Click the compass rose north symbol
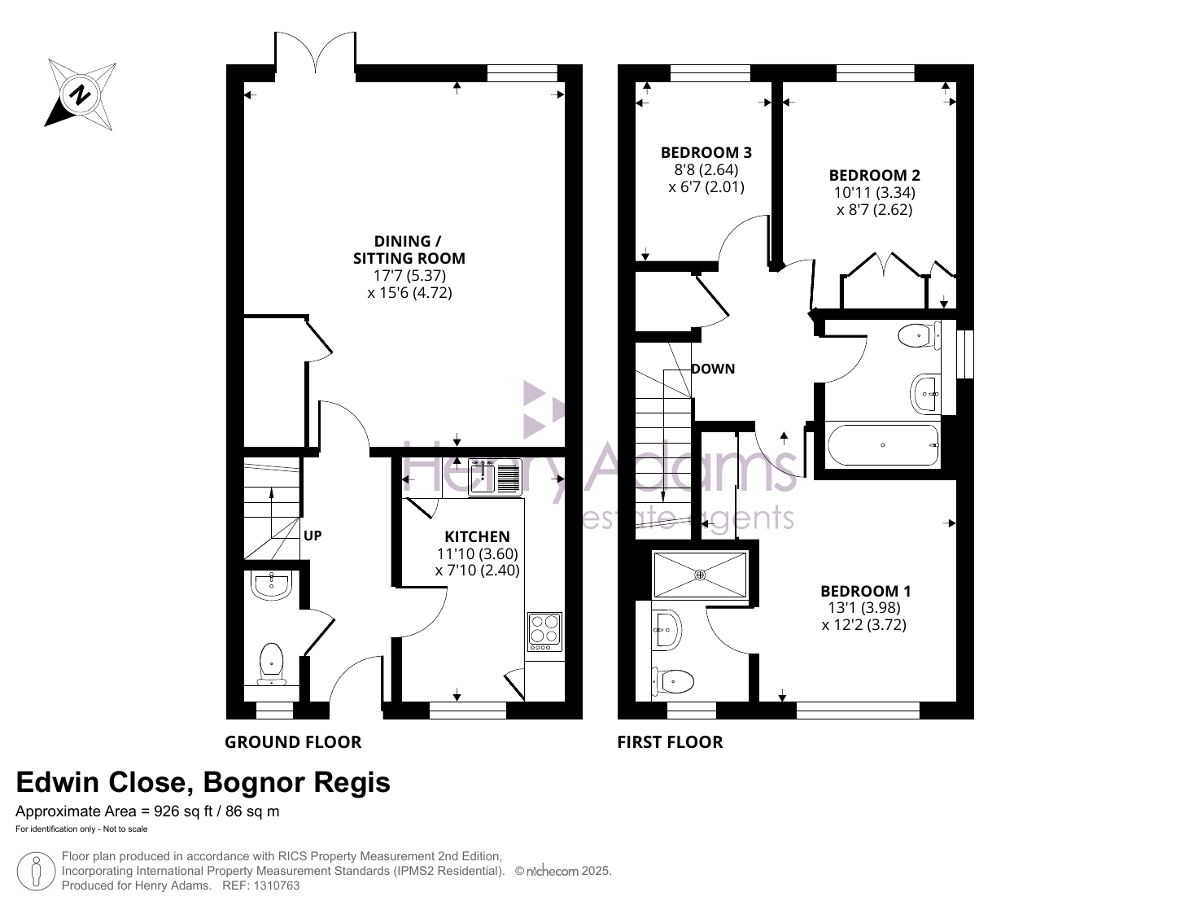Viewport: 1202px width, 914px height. pos(81,95)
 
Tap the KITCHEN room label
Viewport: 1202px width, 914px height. pos(477,536)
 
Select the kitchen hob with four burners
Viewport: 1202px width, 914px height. pos(544,632)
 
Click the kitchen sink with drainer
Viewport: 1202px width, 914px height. pos(495,478)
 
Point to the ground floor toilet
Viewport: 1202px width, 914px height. pos(271,664)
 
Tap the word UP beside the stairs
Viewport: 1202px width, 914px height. pos(313,536)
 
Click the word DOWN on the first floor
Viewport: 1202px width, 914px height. pos(713,370)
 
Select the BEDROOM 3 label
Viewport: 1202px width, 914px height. pos(706,152)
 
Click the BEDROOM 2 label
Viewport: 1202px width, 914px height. pos(875,175)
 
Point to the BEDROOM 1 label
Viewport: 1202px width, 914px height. pos(866,591)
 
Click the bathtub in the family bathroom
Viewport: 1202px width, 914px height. pos(883,445)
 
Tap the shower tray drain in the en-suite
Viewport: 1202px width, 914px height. pos(700,575)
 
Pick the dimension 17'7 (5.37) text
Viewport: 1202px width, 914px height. pos(409,275)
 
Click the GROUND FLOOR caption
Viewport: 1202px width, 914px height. pos(293,742)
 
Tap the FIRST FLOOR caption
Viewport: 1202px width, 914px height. pos(671,742)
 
